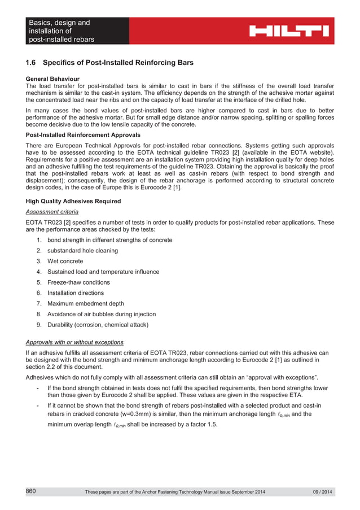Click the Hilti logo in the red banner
pyautogui.click(x=289, y=30)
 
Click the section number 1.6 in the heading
pyautogui.click(x=32, y=62)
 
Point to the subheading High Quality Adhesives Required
pyautogui.click(x=73, y=201)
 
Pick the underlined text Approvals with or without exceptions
pyautogui.click(x=75, y=342)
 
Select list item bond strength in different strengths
pyautogui.click(x=109, y=240)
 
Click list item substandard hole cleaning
pyautogui.click(x=82, y=250)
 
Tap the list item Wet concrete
pyautogui.click(x=65, y=261)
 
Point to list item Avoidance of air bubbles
pyautogui.click(x=102, y=314)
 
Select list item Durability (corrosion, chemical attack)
pyautogui.click(x=98, y=325)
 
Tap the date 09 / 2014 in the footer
pyautogui.click(x=323, y=492)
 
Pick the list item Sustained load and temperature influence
pyautogui.click(x=103, y=272)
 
